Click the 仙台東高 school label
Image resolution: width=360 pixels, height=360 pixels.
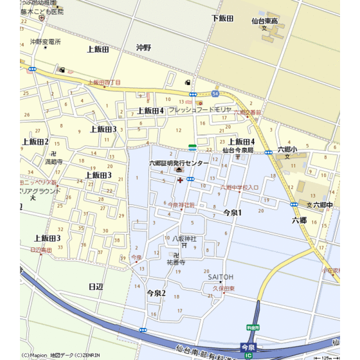pyautogui.click(x=264, y=21)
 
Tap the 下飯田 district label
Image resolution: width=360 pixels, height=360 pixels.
pyautogui.click(x=222, y=18)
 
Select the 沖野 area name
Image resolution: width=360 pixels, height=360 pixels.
pyautogui.click(x=143, y=48)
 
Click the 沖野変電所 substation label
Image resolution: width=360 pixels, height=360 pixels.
pyautogui.click(x=45, y=42)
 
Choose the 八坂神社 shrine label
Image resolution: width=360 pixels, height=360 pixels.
pyautogui.click(x=184, y=239)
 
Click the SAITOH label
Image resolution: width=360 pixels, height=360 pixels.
pyautogui.click(x=221, y=277)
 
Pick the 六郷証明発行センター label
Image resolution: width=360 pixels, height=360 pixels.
pyautogui.click(x=179, y=163)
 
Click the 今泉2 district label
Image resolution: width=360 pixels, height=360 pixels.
pyautogui.click(x=156, y=292)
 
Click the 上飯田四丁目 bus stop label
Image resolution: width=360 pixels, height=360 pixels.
pyautogui.click(x=103, y=82)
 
